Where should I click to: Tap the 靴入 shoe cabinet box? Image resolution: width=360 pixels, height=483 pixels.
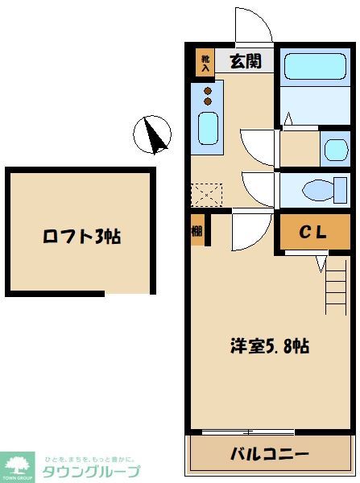pos(205,63)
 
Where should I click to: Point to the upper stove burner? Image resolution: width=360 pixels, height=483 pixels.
pos(208,90)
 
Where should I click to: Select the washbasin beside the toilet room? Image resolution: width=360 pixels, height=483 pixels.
pos(333,148)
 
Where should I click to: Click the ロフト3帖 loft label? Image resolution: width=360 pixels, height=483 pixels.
pos(81,237)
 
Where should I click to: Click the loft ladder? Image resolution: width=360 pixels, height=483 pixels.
pos(337,286)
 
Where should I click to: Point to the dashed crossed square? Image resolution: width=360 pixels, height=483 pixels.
pos(205,194)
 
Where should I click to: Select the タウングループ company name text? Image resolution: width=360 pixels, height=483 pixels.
pos(90,472)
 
